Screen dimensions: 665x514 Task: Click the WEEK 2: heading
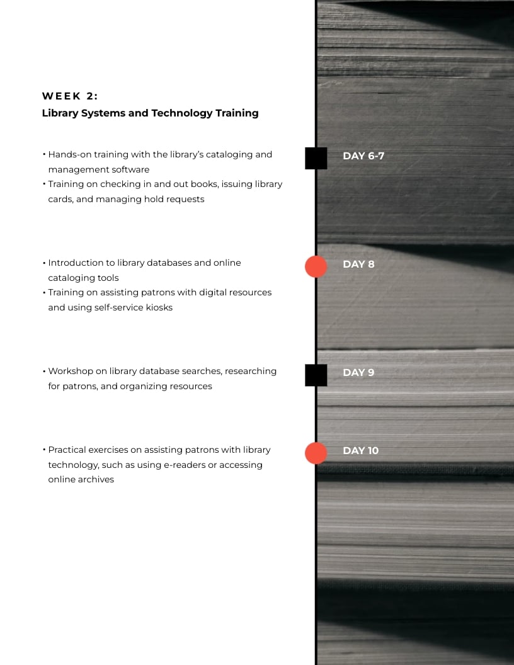[71, 96]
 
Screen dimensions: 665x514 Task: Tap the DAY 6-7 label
[363, 156]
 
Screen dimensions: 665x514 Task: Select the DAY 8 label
[358, 264]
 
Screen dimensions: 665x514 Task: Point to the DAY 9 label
[358, 372]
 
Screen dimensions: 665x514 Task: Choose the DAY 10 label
[361, 450]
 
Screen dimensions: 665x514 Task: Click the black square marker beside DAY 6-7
[316, 158]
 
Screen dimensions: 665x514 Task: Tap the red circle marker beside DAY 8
[316, 266]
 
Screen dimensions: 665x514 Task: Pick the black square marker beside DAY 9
[316, 375]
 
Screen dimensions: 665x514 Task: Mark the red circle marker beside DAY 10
[316, 453]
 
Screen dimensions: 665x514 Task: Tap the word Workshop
[70, 371]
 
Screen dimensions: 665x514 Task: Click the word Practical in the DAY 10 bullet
[67, 450]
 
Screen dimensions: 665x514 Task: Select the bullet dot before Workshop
[44, 371]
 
